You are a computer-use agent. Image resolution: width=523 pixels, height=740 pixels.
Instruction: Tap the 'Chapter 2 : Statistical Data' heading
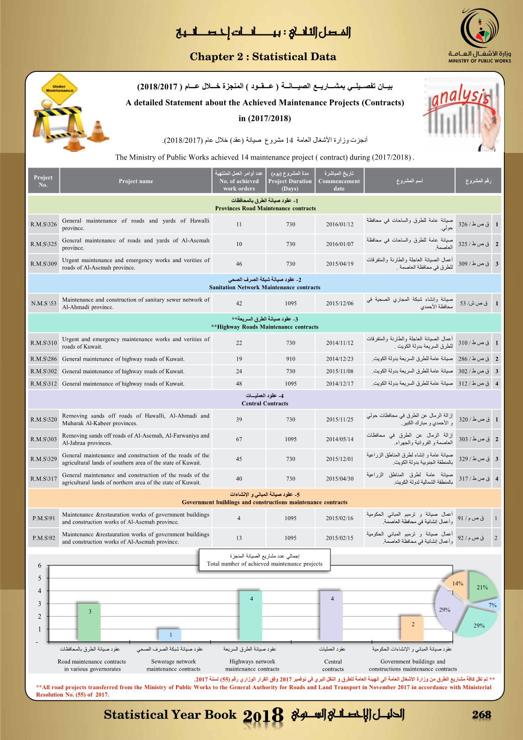pos(263,57)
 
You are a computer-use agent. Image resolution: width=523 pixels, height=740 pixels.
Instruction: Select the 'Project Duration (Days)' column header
pos(290,181)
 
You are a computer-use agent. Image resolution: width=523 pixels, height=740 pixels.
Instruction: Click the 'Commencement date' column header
pos(339,181)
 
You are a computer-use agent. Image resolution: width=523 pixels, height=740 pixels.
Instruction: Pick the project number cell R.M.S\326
pos(43,224)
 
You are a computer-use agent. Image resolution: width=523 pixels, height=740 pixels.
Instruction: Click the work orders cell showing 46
pos(239,264)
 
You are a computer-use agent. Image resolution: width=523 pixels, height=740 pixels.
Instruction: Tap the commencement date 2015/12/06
pos(339,303)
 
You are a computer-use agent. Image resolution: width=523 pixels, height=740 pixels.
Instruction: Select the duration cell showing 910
pos(291,359)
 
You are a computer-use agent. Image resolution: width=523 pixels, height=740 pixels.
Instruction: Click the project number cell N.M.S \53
pos(43,303)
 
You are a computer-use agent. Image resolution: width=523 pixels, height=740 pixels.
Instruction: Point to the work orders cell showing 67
pos(239,439)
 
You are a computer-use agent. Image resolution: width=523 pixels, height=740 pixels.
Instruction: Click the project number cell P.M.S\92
pos(43,538)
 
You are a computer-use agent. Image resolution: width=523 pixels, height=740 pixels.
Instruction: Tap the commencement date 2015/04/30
pos(339,479)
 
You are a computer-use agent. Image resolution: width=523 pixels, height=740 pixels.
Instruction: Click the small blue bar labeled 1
pos(170,635)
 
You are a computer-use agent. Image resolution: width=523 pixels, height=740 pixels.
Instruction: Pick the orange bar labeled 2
pos(413,628)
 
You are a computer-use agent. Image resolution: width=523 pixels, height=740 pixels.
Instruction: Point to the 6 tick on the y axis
pos(40,565)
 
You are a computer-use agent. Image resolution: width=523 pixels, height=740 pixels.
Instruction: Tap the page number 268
pos(481,715)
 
